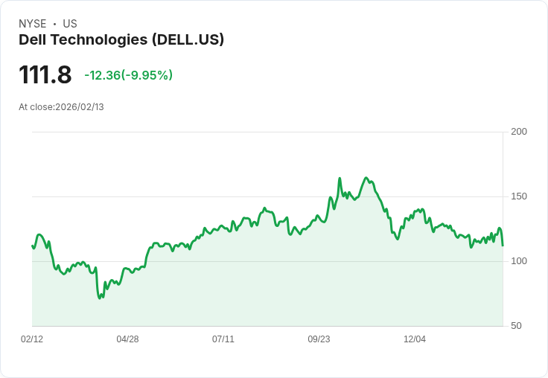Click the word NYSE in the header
(32, 24)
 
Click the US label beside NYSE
(70, 24)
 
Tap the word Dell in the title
(32, 39)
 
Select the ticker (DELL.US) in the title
(188, 39)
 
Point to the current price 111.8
(45, 75)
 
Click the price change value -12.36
(103, 75)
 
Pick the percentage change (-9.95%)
(147, 75)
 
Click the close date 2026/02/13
(80, 107)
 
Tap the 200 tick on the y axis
(519, 132)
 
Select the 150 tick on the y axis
(519, 196)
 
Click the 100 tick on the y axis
(519, 261)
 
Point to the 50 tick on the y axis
(516, 326)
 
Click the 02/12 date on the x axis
(32, 339)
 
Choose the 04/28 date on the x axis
(127, 339)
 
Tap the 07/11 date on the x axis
(223, 339)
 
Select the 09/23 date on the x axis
(319, 339)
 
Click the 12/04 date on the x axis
(415, 339)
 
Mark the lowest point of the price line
(100, 298)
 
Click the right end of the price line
(503, 246)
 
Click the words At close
(36, 107)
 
